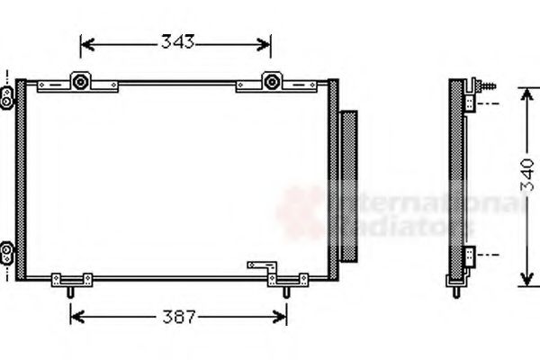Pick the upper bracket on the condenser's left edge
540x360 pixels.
click(x=8, y=93)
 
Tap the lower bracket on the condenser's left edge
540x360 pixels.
click(x=8, y=248)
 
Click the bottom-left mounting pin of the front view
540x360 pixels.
click(x=71, y=290)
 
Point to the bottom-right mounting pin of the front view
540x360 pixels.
click(x=286, y=290)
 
